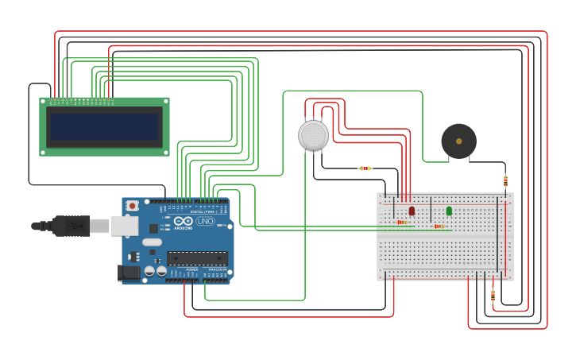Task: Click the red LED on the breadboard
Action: [412, 211]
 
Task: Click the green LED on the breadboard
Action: [449, 211]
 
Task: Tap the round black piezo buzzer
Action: [458, 141]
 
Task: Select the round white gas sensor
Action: [313, 135]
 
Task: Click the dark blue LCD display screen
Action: [104, 126]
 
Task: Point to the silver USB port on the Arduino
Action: [124, 226]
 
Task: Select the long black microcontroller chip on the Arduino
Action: [197, 258]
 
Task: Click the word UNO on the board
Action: [206, 221]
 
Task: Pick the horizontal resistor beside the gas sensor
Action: [365, 168]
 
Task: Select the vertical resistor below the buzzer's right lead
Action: [505, 181]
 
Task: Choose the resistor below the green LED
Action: [439, 226]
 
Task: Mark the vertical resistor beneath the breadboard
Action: [493, 296]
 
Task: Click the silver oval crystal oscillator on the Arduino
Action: [153, 242]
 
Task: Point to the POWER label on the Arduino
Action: [191, 269]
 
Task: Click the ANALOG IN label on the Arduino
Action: [216, 269]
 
